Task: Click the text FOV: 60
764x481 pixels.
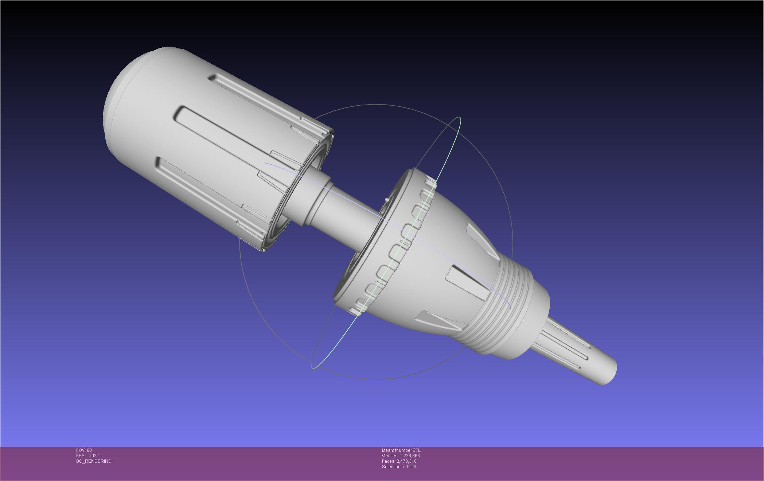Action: tap(84, 450)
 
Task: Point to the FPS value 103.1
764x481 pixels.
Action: tap(94, 456)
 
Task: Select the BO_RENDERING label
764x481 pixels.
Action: tap(94, 461)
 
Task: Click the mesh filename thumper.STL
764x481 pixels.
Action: tap(408, 450)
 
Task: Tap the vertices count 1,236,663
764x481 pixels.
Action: tap(410, 456)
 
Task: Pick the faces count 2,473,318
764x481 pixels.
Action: tap(406, 461)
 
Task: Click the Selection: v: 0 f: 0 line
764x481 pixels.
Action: tap(399, 467)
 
